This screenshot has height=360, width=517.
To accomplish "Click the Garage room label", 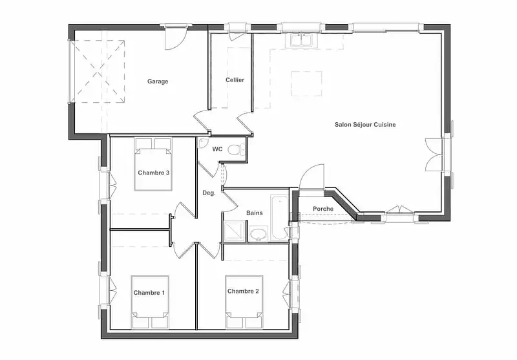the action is coord(158,81).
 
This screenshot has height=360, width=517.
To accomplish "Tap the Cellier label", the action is coord(235,79).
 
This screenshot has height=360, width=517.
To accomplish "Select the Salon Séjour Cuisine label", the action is coord(365,125).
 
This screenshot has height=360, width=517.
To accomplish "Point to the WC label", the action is coord(217,149).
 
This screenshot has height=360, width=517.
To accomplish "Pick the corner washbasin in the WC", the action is coord(202,143).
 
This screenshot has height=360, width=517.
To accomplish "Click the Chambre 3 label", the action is coord(154,173).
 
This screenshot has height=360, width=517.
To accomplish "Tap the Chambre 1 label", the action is coord(149,293).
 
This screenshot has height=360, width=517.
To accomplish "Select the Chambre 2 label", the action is coord(243,291).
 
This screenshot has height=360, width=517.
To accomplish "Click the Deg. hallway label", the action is coord(209,193).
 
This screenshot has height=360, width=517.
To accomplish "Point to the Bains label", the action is coord(255,213).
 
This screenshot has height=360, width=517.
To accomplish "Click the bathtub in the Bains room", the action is coord(279,218).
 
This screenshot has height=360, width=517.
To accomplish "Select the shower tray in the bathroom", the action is coord(235,231).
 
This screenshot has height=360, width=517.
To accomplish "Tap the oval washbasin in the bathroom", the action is coord(258,234).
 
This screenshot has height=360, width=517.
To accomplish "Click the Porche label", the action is coord(322,209).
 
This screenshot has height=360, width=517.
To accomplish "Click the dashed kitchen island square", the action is coord(306,84).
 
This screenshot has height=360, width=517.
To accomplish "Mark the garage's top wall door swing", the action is coord(176,39).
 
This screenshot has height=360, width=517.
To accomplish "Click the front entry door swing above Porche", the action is coord(311,177).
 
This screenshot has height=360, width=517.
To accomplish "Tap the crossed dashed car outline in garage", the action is coord(98,72).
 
